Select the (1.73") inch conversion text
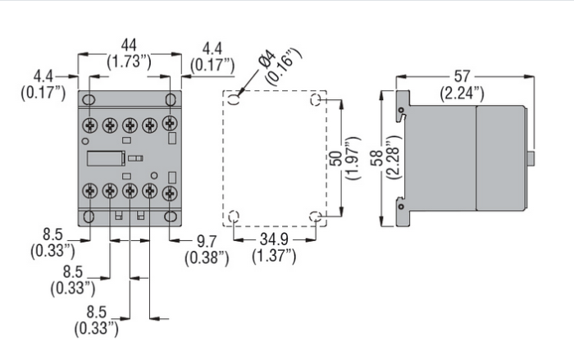[129, 60]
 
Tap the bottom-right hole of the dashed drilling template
[316, 216]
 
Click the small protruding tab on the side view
[531, 157]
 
